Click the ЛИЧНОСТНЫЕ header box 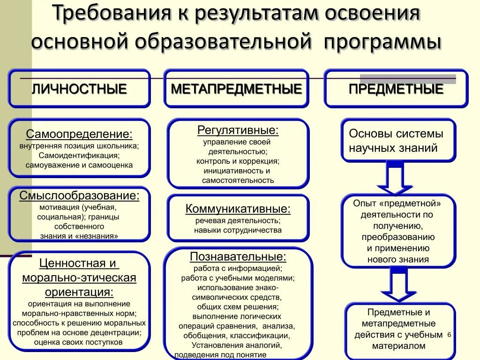click(79, 89)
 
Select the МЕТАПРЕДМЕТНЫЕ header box click(236, 89)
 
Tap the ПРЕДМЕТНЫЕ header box click(396, 89)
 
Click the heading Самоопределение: click(79, 135)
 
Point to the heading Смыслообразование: click(79, 195)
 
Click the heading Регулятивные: click(238, 130)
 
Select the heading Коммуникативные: click(238, 209)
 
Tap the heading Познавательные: click(238, 256)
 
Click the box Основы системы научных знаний click(398, 141)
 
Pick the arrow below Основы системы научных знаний click(395, 179)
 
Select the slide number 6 click(449, 335)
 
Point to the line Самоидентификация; click(79, 155)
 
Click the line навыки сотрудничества click(238, 230)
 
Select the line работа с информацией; click(238, 269)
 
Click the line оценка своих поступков click(79, 342)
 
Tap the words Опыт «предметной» click(397, 203)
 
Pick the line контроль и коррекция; click(238, 161)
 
